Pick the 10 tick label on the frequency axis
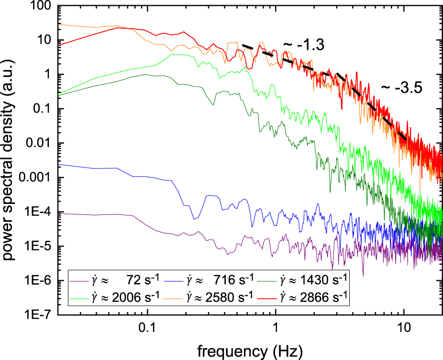[405, 329]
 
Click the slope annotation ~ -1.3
[304, 45]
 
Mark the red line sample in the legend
[267, 298]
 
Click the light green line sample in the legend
[79, 298]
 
